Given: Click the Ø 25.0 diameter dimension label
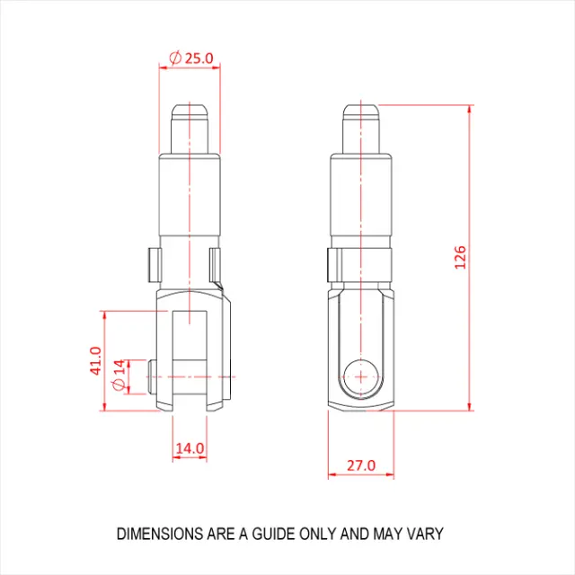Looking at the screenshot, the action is (191, 57).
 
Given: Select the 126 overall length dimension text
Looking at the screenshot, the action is (460, 258).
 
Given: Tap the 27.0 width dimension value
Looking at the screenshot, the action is (361, 465).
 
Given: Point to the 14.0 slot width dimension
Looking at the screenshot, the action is (190, 448).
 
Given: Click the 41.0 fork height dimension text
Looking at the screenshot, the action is (96, 360).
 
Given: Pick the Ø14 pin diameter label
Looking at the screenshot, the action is (119, 376).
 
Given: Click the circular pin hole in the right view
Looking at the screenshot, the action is (361, 377).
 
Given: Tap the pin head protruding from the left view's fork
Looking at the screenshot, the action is (151, 377).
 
